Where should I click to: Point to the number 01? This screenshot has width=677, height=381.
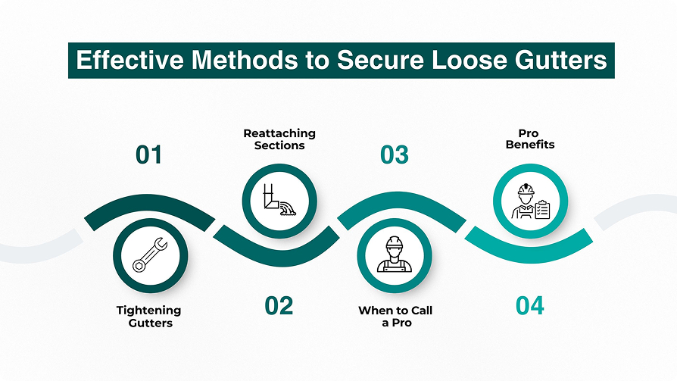click(x=149, y=155)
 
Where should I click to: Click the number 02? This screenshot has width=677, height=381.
click(x=279, y=306)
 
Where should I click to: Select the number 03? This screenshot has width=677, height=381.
click(x=394, y=155)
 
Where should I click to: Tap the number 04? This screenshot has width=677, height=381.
click(x=530, y=306)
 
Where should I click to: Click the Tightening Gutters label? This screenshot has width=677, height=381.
click(x=148, y=317)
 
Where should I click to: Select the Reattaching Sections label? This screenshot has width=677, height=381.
click(x=279, y=139)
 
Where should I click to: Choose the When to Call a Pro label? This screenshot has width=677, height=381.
click(x=395, y=317)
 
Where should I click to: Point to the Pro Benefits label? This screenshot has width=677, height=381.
click(x=530, y=139)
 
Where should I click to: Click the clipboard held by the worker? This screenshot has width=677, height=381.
click(x=541, y=209)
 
